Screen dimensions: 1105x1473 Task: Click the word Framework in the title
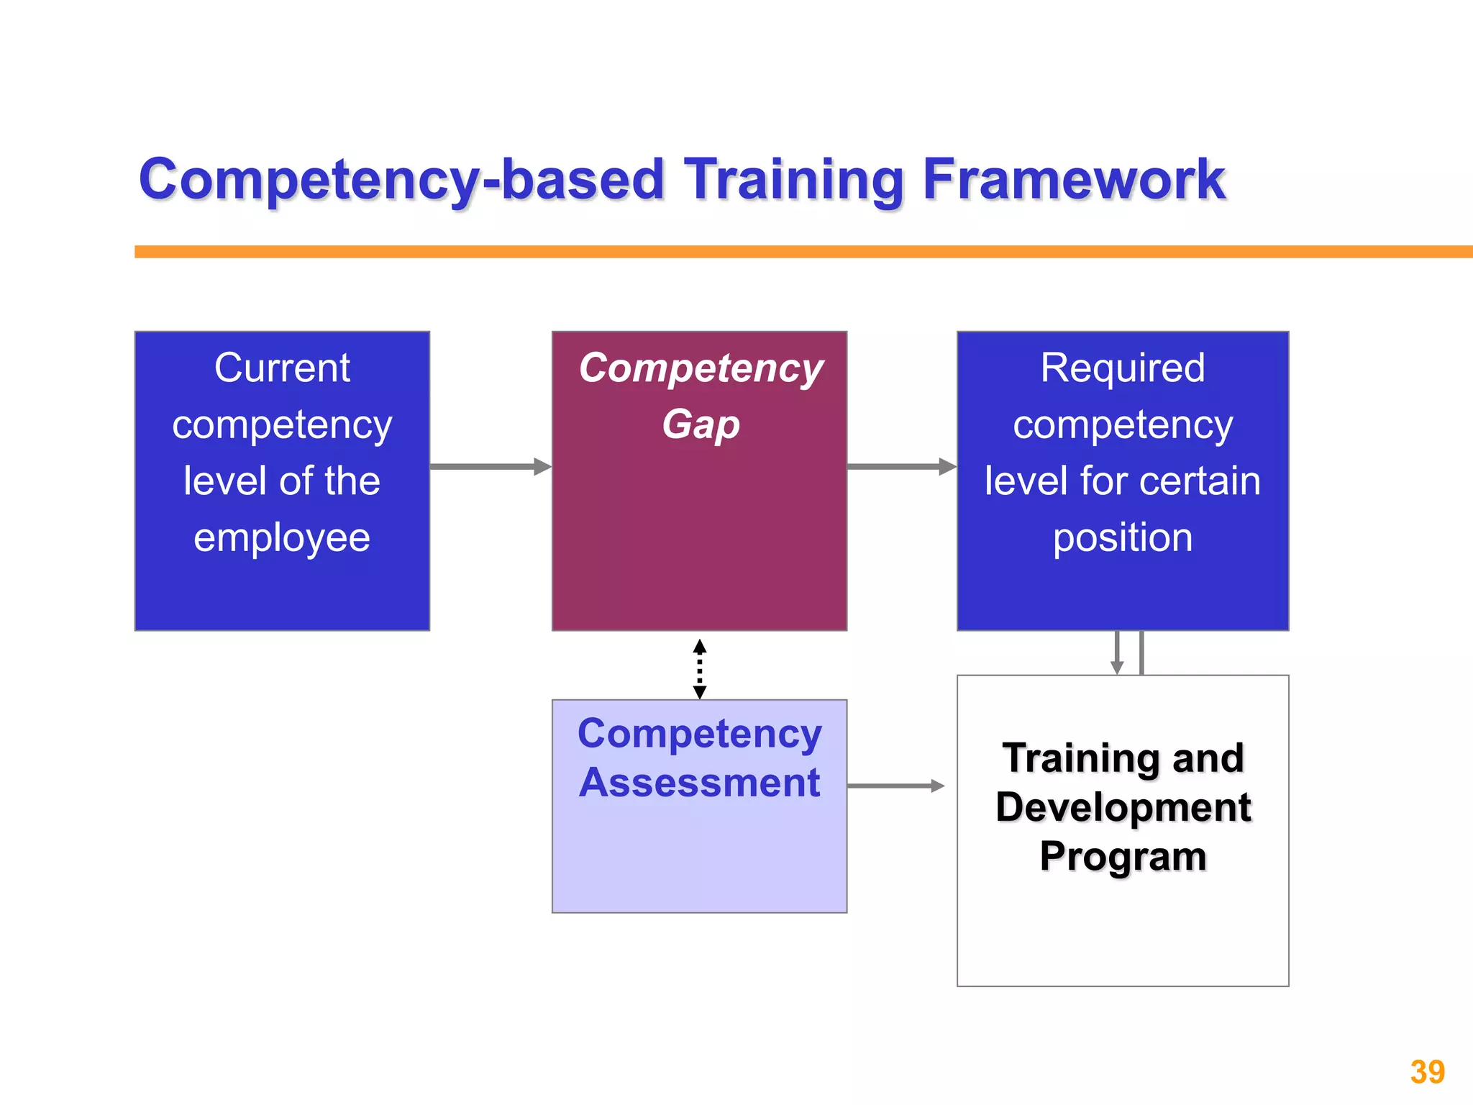1073,179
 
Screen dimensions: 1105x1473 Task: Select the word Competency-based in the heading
401,180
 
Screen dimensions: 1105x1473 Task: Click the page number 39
1427,1072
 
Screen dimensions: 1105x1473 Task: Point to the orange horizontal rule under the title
791,252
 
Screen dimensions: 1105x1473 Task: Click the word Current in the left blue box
282,368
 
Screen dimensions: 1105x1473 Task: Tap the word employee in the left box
282,537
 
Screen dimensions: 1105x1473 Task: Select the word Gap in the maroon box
701,424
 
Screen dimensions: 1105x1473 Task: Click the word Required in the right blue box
1122,368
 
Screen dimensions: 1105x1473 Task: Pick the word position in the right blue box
1122,537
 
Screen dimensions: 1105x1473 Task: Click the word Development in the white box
1122,806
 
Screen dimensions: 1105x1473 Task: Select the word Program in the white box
1122,856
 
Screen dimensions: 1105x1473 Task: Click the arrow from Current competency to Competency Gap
489,467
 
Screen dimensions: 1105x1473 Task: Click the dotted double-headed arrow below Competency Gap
700,669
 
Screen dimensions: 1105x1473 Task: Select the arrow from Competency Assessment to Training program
895,786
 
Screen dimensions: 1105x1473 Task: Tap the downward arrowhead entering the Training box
1117,666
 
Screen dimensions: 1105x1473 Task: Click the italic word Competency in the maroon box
701,368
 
